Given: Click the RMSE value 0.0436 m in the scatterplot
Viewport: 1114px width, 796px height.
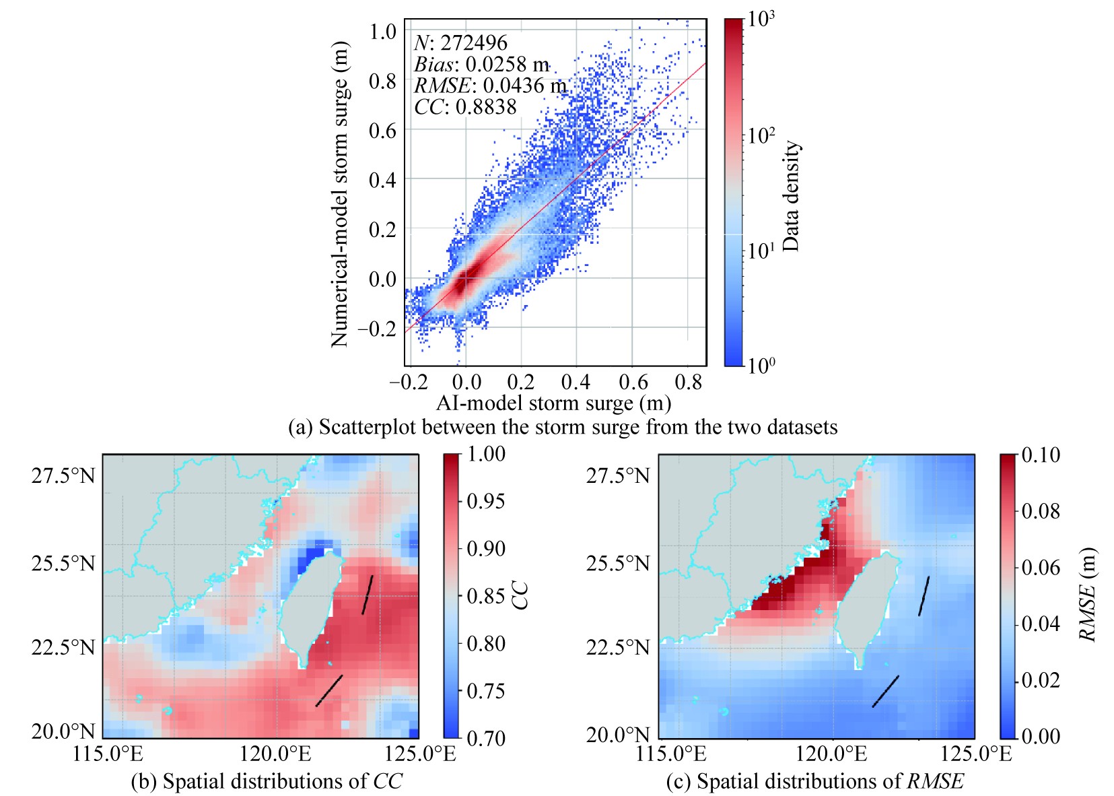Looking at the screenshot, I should [x=490, y=86].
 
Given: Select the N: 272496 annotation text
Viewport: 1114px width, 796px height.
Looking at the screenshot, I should [x=460, y=43].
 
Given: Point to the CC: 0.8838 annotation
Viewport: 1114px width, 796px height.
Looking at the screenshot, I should [x=465, y=107].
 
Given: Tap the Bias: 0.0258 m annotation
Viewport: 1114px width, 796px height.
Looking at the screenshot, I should [x=481, y=64].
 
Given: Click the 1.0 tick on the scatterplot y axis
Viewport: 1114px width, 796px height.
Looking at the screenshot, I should [x=382, y=31].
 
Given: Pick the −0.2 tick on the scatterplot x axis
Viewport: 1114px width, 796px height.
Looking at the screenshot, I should [x=409, y=383].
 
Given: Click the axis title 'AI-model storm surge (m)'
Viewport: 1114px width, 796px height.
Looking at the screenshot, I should [x=553, y=403].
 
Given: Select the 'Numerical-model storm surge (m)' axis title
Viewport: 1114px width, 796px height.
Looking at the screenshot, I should [x=340, y=194].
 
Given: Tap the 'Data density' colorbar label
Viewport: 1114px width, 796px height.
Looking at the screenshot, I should [x=791, y=195].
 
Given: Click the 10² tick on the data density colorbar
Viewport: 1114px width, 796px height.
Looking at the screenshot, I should [x=761, y=135].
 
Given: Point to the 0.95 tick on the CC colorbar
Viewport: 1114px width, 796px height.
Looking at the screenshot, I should [x=486, y=501].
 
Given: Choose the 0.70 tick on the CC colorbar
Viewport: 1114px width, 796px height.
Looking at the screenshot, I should [x=486, y=738].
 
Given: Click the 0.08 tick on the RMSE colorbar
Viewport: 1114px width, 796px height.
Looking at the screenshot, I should [x=1041, y=511].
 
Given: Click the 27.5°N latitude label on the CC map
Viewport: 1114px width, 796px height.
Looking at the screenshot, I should [x=63, y=475].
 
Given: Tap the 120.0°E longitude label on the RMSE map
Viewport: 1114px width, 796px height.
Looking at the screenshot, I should [x=833, y=754].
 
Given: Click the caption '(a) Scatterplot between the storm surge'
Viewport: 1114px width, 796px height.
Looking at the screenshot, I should [x=563, y=427].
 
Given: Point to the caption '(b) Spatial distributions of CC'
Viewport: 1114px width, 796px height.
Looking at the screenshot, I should [x=267, y=781].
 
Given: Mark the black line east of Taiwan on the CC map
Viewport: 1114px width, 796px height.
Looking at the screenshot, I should [x=368, y=595].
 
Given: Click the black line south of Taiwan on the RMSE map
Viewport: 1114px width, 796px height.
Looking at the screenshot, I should [x=885, y=692].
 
